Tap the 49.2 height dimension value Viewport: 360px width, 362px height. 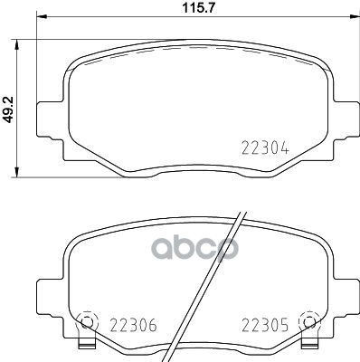click(8, 108)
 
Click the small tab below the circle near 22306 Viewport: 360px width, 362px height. click(86, 345)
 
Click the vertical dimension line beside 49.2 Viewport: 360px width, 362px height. click(21, 109)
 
